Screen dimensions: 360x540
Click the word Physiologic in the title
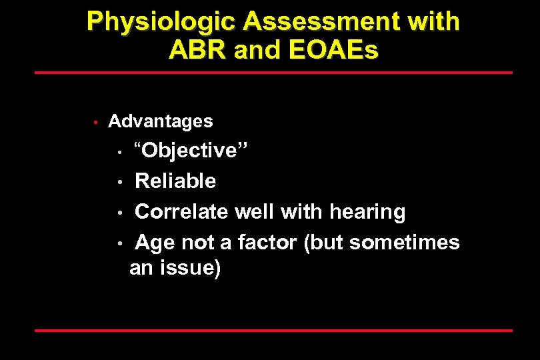coord(161,22)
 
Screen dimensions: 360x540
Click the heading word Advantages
coord(161,121)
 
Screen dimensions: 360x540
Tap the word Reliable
coord(175,181)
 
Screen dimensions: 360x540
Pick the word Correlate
coord(181,212)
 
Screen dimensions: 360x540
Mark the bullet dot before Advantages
coord(96,122)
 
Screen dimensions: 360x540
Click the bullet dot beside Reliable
coord(120,182)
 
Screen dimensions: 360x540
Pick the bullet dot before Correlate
coord(120,213)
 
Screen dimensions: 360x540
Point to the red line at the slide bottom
coord(273,330)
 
